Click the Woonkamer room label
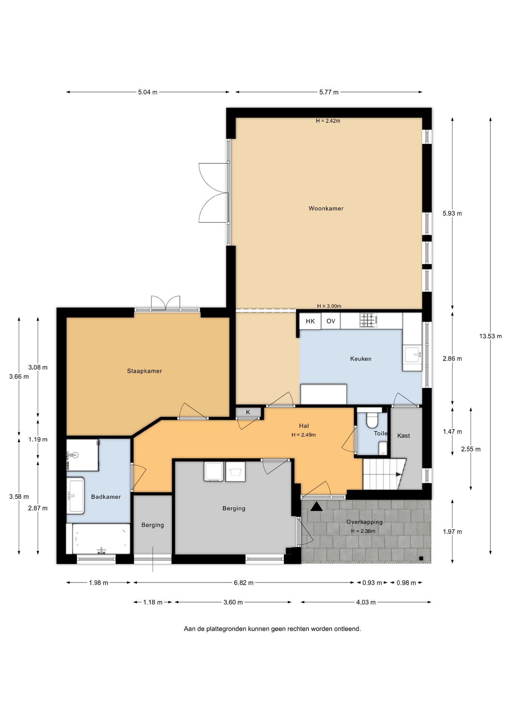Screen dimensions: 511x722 pyautogui.click(x=326, y=208)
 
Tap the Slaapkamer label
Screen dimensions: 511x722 pyautogui.click(x=144, y=371)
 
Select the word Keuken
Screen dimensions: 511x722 pyautogui.click(x=360, y=359)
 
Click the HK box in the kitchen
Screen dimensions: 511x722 pyautogui.click(x=310, y=321)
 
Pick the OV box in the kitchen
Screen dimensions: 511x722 pyautogui.click(x=331, y=321)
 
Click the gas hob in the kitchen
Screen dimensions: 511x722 pyautogui.click(x=368, y=320)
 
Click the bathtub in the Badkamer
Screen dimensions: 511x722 pyautogui.click(x=101, y=538)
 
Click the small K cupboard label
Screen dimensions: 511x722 pyautogui.click(x=248, y=413)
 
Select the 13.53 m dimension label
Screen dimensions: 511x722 pyautogui.click(x=490, y=336)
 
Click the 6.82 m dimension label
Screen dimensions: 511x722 pyautogui.click(x=243, y=583)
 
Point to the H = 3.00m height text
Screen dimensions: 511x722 pyautogui.click(x=329, y=306)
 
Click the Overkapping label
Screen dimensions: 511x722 pyautogui.click(x=364, y=522)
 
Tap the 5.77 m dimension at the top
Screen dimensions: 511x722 pyautogui.click(x=329, y=92)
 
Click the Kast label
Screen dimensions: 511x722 pyautogui.click(x=403, y=436)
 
